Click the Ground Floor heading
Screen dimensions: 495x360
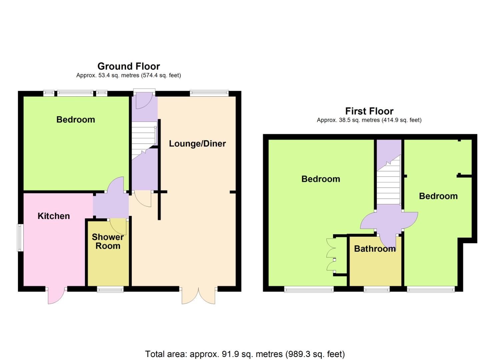coord(129,66)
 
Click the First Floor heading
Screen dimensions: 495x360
coord(369,111)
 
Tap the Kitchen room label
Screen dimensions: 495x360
coord(54,216)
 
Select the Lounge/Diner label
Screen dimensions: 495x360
coord(197,144)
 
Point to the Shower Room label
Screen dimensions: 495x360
coord(108,241)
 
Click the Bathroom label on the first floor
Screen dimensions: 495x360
coord(375,249)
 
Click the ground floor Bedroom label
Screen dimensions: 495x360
coord(76,120)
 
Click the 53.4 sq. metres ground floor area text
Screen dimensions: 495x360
coord(129,75)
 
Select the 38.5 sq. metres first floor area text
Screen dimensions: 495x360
coord(369,120)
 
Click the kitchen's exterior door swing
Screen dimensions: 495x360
coord(56,295)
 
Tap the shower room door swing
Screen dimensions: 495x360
coord(118,227)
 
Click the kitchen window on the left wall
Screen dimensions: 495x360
coord(20,238)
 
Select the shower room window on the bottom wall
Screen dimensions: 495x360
coord(110,289)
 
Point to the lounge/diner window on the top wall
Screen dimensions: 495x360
coord(209,93)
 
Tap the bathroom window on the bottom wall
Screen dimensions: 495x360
coord(377,289)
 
